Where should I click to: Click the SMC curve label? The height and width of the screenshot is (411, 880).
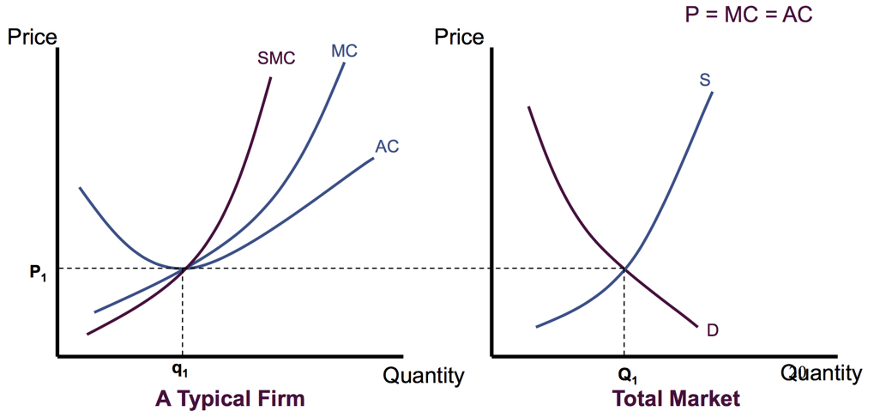click(276, 58)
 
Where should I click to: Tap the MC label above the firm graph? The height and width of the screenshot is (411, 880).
click(344, 51)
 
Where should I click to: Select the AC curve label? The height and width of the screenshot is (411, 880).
click(387, 147)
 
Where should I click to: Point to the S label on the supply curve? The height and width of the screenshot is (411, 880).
click(704, 80)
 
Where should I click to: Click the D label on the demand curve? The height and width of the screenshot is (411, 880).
click(713, 329)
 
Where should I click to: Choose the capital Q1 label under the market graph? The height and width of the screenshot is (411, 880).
click(627, 374)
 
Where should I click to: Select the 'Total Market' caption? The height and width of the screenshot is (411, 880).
click(676, 399)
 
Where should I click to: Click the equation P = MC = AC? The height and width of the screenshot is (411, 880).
click(749, 15)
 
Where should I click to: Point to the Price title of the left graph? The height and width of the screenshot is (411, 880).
click(32, 37)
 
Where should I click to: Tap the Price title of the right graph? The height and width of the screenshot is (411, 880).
click(460, 37)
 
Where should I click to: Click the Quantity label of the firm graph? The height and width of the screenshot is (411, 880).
click(423, 375)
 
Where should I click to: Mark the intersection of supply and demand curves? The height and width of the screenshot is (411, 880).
click(624, 269)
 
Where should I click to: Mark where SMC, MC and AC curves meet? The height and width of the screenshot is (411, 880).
click(184, 269)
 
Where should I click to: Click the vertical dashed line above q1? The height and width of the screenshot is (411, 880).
click(184, 313)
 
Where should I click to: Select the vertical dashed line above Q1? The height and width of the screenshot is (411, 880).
click(624, 313)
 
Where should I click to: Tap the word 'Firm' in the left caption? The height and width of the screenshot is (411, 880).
click(279, 399)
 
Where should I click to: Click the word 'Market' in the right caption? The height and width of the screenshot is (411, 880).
click(705, 399)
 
